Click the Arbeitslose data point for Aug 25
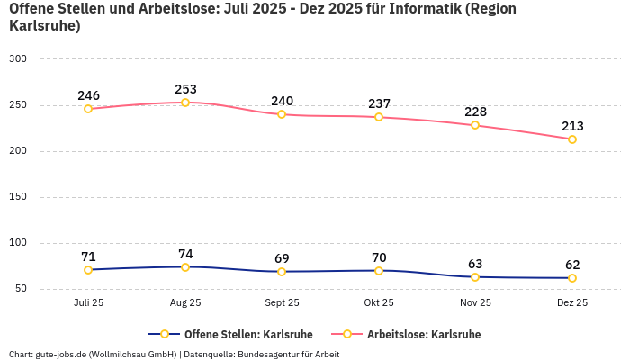point(185,103)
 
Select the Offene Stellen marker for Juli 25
point(88,270)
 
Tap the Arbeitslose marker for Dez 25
point(572,139)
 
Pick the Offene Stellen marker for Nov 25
point(475,277)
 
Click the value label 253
point(185,89)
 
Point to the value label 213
point(572,126)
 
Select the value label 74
point(185,254)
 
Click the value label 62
point(572,265)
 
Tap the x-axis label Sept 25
point(282,303)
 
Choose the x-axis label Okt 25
point(379,303)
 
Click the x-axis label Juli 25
point(88,303)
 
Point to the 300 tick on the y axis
point(18,58)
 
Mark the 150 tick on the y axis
point(18,197)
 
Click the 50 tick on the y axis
point(21,289)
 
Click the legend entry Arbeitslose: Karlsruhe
point(423,334)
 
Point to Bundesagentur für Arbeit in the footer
point(289,354)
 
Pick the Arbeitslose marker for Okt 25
point(379,117)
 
